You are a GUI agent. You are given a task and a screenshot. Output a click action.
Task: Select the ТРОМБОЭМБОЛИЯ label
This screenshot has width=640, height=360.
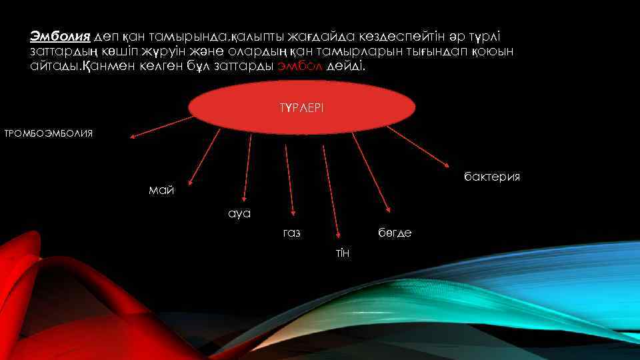pyautogui.click(x=49, y=133)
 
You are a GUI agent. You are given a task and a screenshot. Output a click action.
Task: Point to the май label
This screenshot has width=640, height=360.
pyautogui.click(x=161, y=191)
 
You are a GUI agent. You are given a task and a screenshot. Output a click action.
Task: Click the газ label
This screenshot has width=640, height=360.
pyautogui.click(x=291, y=233)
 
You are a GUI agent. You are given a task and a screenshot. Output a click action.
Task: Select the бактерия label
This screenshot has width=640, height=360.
pyautogui.click(x=492, y=177)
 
